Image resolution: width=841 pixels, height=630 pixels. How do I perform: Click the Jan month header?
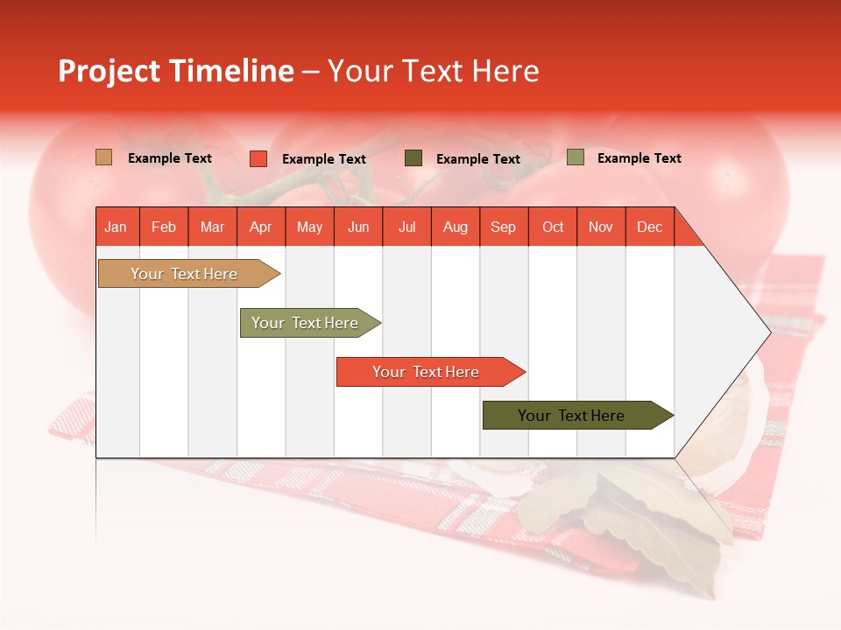116,227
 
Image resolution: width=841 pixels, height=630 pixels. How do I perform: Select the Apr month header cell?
260,227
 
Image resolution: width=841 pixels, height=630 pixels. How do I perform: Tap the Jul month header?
406,227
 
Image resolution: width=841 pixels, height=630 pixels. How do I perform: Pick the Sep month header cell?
503,227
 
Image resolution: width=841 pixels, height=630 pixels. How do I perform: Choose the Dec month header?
649,227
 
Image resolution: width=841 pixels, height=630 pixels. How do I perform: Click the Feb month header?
164,227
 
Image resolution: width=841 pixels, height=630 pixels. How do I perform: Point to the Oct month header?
553,227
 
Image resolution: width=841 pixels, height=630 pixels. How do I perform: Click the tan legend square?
103,157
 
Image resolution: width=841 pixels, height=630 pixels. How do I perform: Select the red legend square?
258,158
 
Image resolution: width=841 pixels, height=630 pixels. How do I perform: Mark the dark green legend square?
413,158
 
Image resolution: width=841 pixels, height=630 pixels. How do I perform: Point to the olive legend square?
575,157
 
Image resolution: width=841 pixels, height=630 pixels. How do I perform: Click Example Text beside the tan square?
170,158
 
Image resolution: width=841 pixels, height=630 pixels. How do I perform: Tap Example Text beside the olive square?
639,158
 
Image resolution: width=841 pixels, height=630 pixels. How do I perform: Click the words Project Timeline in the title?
175,71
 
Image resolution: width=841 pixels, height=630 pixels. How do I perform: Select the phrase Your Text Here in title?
433,71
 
